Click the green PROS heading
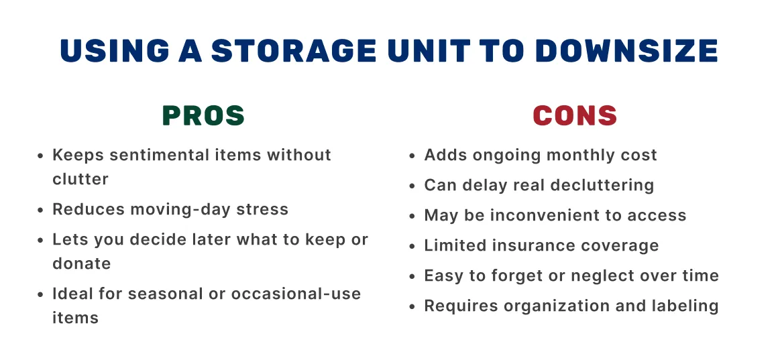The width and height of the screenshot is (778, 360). (203, 116)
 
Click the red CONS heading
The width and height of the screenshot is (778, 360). (575, 116)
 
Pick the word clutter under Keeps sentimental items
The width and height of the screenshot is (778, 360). (80, 179)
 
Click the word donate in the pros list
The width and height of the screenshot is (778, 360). (81, 263)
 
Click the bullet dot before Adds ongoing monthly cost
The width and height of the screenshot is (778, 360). (412, 156)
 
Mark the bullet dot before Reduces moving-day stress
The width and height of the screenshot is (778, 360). (40, 210)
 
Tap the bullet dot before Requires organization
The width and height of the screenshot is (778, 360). (412, 307)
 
